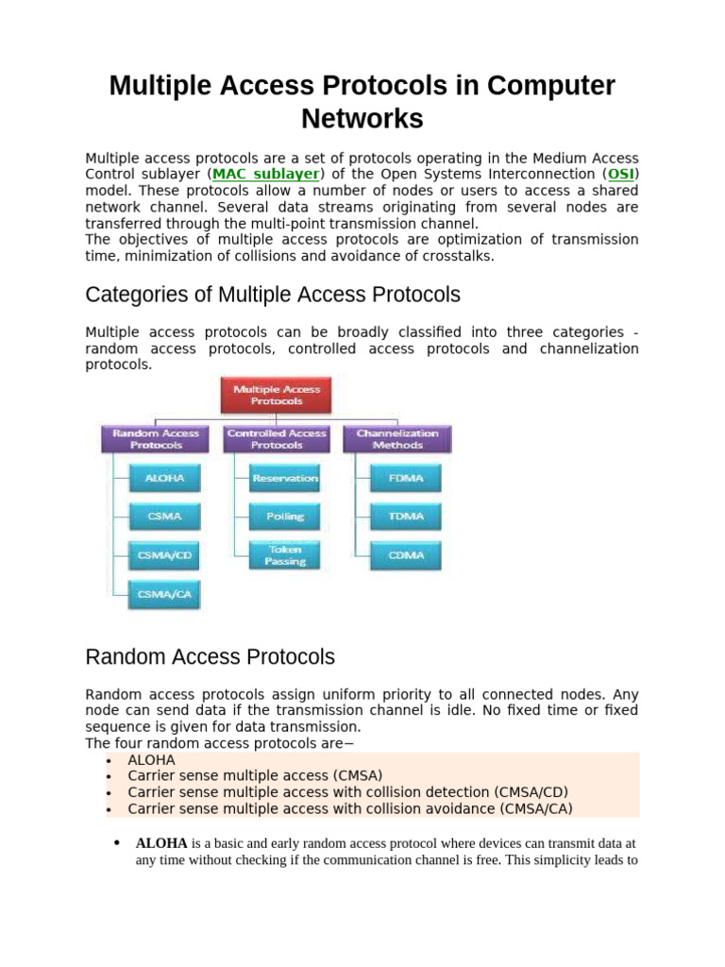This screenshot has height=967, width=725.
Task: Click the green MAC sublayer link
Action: click(x=267, y=175)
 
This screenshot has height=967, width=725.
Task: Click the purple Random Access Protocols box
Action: click(x=157, y=439)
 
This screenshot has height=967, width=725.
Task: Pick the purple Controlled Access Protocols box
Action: click(x=277, y=439)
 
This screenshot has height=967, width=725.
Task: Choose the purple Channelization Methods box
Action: click(x=397, y=439)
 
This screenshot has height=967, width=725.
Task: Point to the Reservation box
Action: click(x=285, y=479)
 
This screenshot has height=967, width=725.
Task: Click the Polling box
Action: click(x=285, y=517)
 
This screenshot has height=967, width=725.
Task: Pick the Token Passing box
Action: click(x=285, y=555)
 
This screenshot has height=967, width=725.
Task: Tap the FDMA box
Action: click(x=406, y=479)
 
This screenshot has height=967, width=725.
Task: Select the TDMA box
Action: click(x=406, y=517)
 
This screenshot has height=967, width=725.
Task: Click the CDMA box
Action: click(x=406, y=555)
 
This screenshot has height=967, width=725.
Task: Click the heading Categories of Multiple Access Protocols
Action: click(x=273, y=295)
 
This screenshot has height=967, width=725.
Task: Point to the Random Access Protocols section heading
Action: click(x=210, y=656)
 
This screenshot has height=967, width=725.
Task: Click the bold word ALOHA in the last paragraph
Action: click(x=161, y=842)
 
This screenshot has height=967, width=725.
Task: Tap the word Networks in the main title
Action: click(x=362, y=119)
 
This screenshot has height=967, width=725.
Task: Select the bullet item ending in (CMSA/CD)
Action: click(x=348, y=791)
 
